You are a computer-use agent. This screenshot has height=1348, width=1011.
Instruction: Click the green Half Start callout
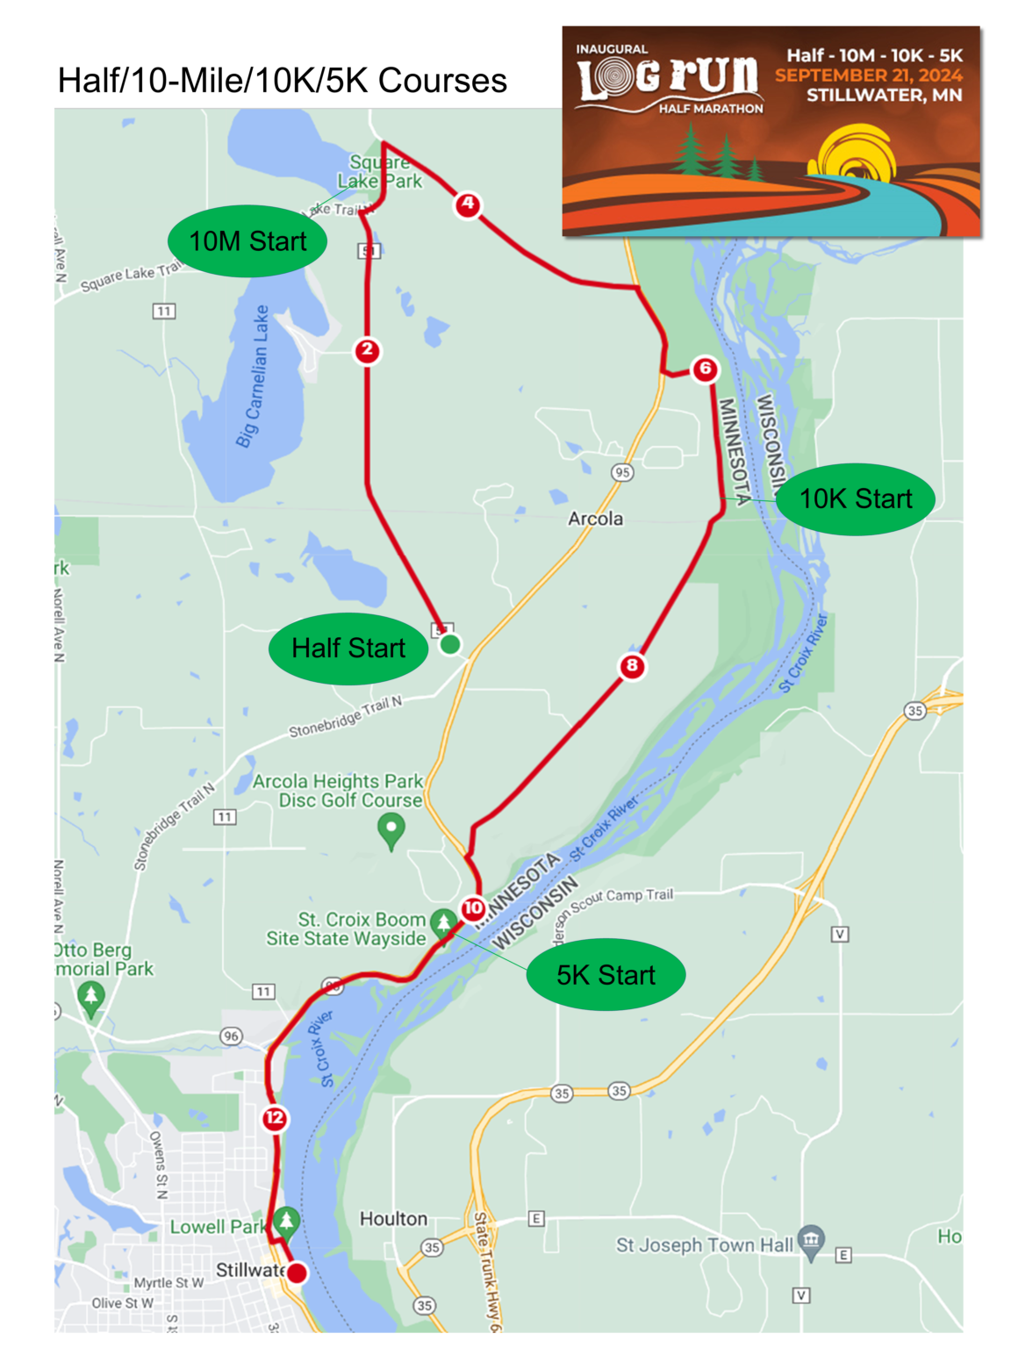348,649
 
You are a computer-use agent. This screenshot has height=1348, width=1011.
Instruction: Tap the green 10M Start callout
247,241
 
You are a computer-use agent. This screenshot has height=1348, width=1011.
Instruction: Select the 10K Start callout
855,498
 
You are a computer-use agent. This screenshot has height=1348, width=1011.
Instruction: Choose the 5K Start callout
606,975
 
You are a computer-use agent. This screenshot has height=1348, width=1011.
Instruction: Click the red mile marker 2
367,350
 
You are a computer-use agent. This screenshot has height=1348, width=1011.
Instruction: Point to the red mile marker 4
468,204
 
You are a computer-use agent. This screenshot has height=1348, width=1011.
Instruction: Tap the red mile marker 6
705,369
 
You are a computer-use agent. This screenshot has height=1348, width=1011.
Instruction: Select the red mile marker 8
632,665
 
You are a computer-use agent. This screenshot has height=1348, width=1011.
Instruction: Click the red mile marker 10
473,907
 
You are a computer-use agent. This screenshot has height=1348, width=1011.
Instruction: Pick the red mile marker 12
275,1117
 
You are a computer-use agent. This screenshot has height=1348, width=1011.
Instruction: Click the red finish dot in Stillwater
298,1273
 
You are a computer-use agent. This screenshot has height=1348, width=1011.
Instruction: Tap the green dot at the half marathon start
450,645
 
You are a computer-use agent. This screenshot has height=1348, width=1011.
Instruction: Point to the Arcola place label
595,519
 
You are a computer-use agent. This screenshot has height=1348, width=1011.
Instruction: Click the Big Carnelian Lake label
253,377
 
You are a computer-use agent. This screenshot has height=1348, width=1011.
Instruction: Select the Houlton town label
393,1219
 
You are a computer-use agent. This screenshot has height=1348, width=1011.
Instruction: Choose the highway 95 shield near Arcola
622,472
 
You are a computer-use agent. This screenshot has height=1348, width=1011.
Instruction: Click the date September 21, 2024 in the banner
868,75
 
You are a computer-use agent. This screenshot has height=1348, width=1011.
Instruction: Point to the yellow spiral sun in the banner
856,156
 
